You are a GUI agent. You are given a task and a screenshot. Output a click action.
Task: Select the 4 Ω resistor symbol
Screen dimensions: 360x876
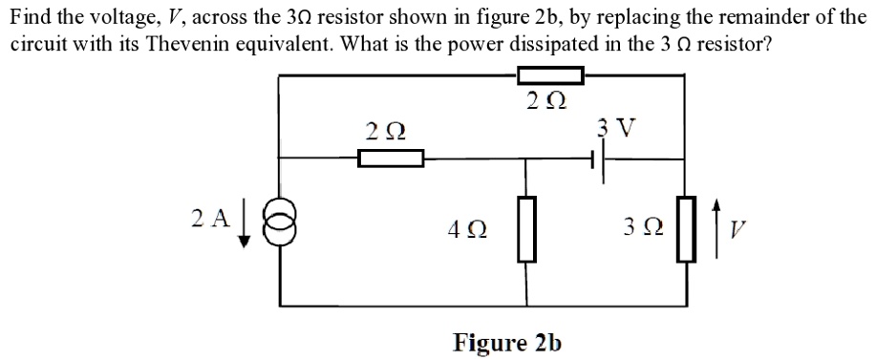[x=524, y=229]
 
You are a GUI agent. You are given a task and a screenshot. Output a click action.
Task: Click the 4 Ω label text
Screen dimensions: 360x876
[x=465, y=230]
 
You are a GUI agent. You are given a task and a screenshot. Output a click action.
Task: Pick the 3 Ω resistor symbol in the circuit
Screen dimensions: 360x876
[x=684, y=227]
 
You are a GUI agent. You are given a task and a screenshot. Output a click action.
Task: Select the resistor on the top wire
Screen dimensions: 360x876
[x=549, y=74]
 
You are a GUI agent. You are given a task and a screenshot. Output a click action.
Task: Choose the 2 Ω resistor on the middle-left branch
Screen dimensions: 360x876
[x=390, y=159]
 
